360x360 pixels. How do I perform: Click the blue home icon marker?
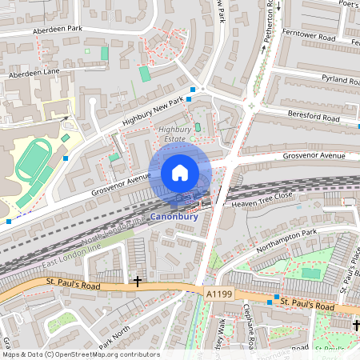pos(180,172)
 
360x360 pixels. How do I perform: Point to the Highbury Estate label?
pos(174,133)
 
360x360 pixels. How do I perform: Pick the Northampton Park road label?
pos(287,241)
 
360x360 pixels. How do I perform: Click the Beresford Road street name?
pos(314,117)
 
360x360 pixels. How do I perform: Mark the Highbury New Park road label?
pos(153,110)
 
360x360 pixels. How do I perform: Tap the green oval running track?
pos(32,162)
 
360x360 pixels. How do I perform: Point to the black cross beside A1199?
pos(138,282)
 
